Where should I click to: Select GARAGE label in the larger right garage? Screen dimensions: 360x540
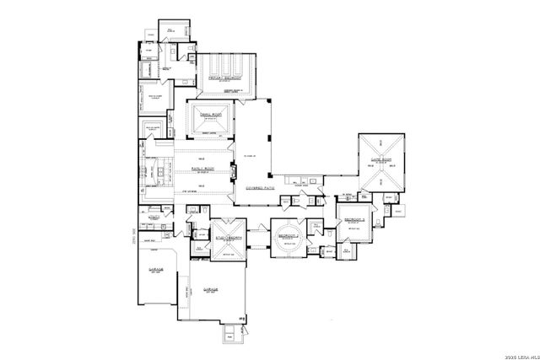pos(211,289)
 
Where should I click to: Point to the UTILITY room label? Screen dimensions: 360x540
pos(154,217)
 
